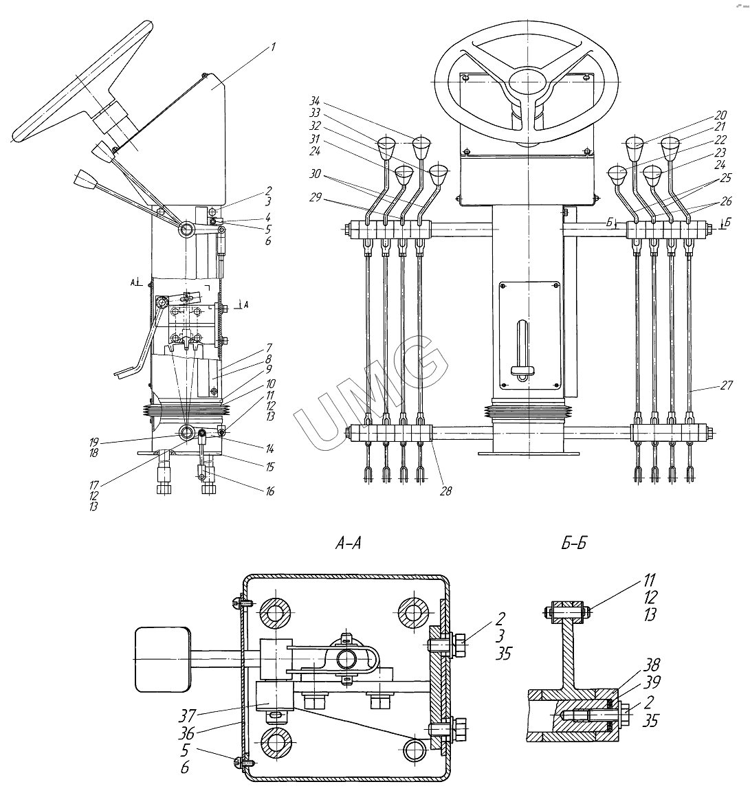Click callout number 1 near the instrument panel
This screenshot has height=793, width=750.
click(273, 47)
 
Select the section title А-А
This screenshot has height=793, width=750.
click(349, 543)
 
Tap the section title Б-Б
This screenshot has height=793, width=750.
click(573, 543)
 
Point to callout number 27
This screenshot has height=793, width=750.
click(726, 386)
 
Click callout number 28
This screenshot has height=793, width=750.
click(445, 491)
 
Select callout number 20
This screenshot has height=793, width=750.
click(721, 115)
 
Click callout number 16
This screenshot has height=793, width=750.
click(269, 491)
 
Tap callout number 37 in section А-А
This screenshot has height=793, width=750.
click(187, 715)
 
